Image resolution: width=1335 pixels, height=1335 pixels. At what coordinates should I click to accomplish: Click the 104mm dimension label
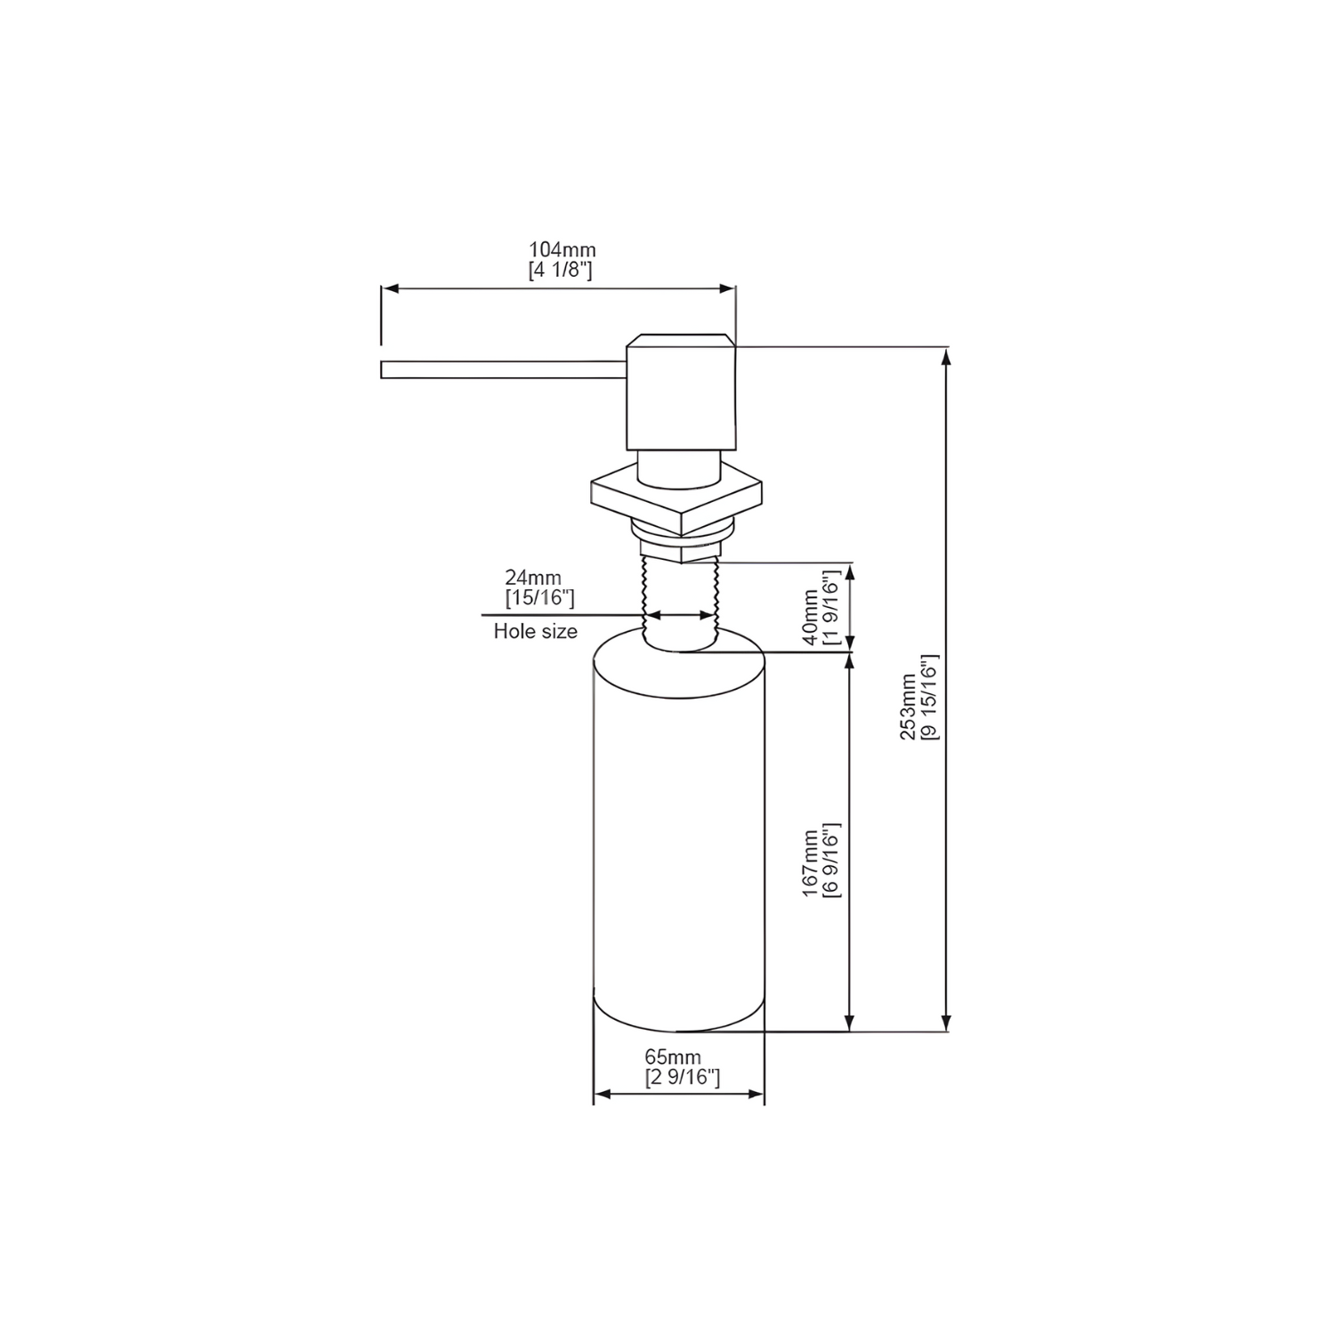point(562,250)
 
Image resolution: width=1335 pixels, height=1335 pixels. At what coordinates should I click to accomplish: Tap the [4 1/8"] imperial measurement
point(560,271)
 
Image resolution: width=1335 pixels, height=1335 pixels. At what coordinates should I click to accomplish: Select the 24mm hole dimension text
point(533,578)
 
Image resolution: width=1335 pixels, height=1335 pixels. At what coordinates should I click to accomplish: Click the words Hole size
point(536,632)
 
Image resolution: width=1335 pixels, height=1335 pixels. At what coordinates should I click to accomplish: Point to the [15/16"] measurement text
point(539,598)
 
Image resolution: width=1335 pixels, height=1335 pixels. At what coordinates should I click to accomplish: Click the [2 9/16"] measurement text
point(682,1078)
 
